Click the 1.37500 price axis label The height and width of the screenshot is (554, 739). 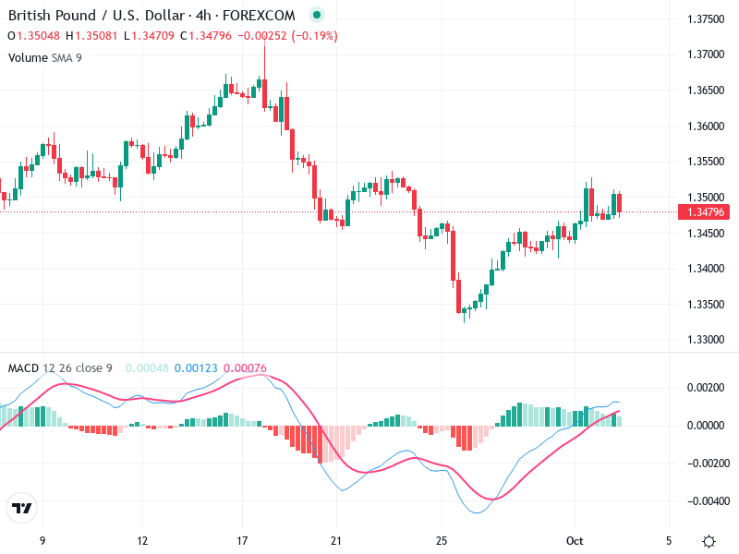tap(706, 18)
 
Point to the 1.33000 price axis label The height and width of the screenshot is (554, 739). tap(706, 340)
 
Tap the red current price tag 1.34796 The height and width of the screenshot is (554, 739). tap(706, 211)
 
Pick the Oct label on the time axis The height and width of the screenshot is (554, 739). tap(575, 540)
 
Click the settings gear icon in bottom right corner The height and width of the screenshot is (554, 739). tap(709, 540)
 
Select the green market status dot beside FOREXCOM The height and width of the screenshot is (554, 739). tap(317, 16)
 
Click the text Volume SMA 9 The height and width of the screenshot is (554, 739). tap(44, 57)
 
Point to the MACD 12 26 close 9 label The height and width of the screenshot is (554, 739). tap(60, 368)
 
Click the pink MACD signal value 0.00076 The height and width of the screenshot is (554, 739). tap(245, 368)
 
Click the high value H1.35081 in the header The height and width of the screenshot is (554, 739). tap(93, 36)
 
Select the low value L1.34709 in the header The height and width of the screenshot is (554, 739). tap(151, 36)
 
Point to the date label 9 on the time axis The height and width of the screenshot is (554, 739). tap(42, 540)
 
